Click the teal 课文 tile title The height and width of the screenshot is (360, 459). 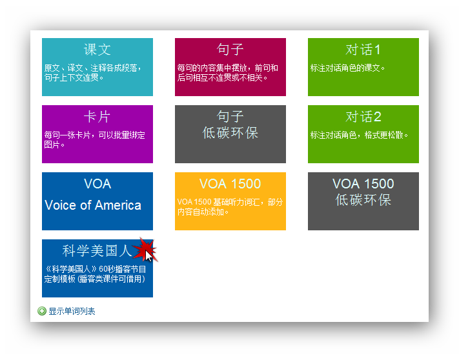point(97,50)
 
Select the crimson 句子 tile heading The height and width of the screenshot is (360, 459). point(230,50)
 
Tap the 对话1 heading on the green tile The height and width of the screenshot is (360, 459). point(363,50)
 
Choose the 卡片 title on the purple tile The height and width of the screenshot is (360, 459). point(97,117)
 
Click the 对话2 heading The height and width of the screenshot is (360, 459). point(363,117)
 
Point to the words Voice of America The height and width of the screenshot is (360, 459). point(93,205)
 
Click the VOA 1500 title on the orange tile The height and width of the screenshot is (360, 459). point(230,184)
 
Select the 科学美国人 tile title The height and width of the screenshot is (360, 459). point(97,251)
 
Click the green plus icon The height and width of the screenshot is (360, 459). point(42,311)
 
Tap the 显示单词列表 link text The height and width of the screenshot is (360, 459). point(72,311)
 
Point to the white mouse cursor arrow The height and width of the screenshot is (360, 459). point(149,257)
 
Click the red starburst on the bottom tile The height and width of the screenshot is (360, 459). point(145,250)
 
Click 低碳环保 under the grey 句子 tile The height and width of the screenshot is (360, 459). point(230,133)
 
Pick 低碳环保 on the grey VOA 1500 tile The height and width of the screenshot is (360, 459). point(363,200)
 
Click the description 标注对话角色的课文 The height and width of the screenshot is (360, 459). point(347,68)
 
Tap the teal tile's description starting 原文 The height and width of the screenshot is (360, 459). point(93,73)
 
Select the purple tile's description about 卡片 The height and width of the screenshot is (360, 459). point(94,140)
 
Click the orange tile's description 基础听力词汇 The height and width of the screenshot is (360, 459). point(230,206)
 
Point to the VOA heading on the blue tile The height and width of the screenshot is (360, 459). point(97,184)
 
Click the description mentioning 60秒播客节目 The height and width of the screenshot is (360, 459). point(96,274)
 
